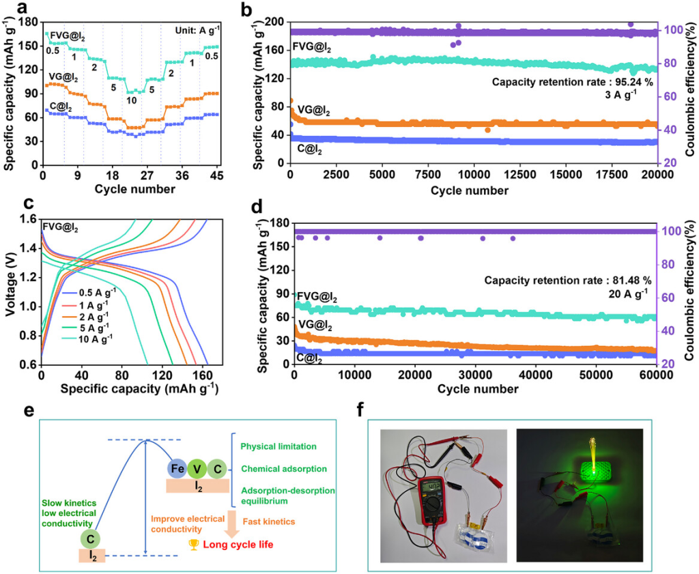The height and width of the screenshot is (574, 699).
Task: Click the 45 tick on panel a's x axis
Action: click(218, 175)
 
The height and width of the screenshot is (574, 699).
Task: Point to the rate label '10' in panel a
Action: click(131, 101)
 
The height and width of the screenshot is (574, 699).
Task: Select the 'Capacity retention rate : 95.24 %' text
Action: click(573, 82)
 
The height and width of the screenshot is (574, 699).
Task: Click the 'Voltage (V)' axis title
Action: click(10, 292)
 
